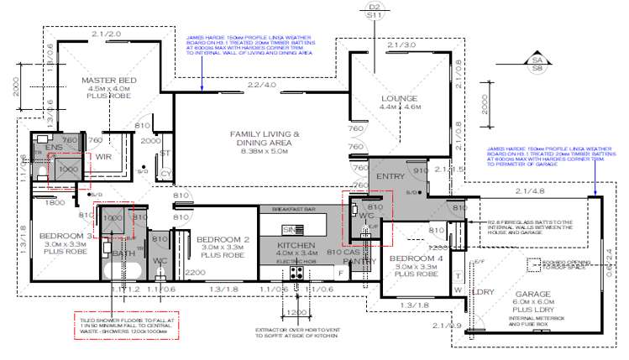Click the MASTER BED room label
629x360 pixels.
[x=109, y=81]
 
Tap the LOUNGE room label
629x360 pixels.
[x=400, y=98]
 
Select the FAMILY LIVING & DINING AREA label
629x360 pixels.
[x=265, y=134]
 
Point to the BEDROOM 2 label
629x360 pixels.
[x=223, y=240]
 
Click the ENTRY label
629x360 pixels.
[x=391, y=176]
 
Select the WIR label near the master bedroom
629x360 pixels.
[x=105, y=156]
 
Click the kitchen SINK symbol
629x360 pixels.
[x=292, y=229]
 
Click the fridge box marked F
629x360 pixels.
[x=339, y=272]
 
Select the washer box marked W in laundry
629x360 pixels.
[x=459, y=290]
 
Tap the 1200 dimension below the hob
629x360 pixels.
[x=296, y=312]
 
